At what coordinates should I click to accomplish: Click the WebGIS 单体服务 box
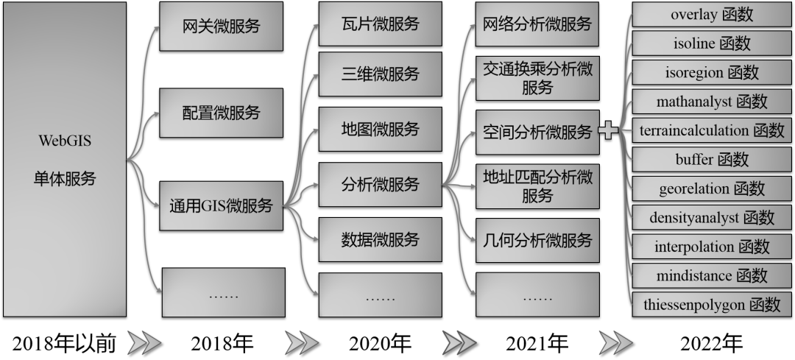coord(63,158)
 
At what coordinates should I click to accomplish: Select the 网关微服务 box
coord(222,27)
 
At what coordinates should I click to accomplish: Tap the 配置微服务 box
coord(222,113)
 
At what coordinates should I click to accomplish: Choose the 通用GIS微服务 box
coord(222,205)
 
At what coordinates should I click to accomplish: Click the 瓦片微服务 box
coord(380,24)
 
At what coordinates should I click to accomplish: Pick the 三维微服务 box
coord(380,74)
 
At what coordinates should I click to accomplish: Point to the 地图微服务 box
coord(380,130)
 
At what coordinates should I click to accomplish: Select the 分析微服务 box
coord(380,184)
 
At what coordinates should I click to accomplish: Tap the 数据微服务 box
coord(380,239)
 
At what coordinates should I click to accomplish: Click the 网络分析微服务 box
coord(537,24)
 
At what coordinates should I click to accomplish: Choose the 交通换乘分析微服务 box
coord(537,78)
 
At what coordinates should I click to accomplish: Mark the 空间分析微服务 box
coord(537,133)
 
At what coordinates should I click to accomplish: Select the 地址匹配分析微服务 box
coord(537,186)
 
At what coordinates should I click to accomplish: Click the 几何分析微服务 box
coord(537,240)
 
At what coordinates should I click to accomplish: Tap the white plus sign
coord(608,131)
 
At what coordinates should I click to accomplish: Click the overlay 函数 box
coord(712,15)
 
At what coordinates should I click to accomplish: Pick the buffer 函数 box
coord(712,159)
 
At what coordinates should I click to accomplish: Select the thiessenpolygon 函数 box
coord(712,304)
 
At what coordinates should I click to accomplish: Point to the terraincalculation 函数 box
coord(712,130)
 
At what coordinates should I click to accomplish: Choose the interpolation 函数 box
coord(712,246)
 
